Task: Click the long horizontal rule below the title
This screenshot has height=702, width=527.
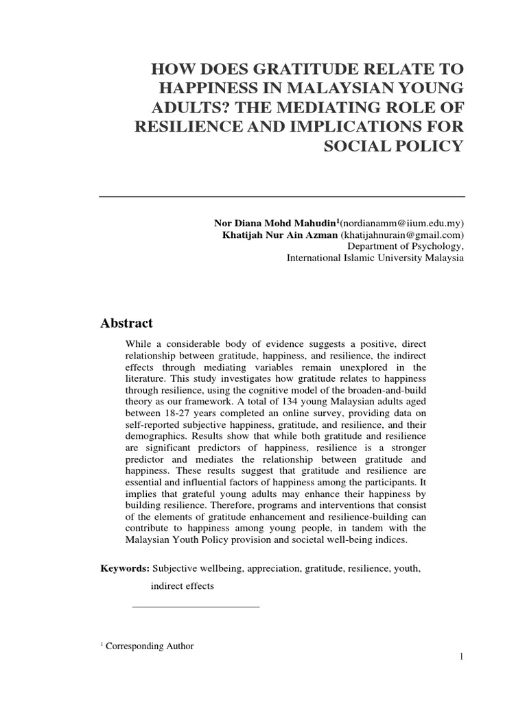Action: point(282,197)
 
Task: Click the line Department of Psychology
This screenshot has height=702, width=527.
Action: point(406,246)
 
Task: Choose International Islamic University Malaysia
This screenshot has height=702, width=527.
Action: point(375,258)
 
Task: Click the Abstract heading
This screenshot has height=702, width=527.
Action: point(127,323)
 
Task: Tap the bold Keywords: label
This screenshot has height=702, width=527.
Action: point(125,568)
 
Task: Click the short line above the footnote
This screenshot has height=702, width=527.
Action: point(195,607)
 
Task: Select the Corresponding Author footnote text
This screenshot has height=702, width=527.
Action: point(150,646)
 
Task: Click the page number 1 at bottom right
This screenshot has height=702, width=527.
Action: point(462,657)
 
